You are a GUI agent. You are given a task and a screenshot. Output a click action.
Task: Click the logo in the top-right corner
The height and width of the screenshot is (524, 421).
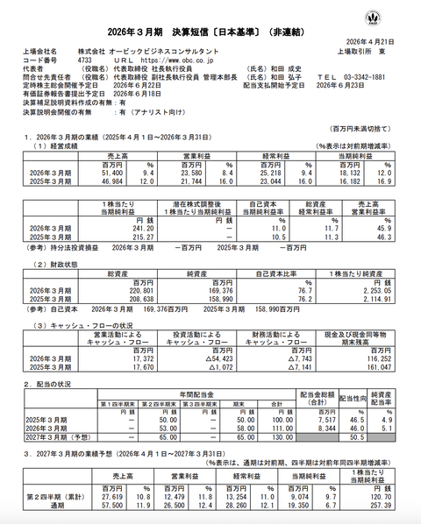coord(402,15)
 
